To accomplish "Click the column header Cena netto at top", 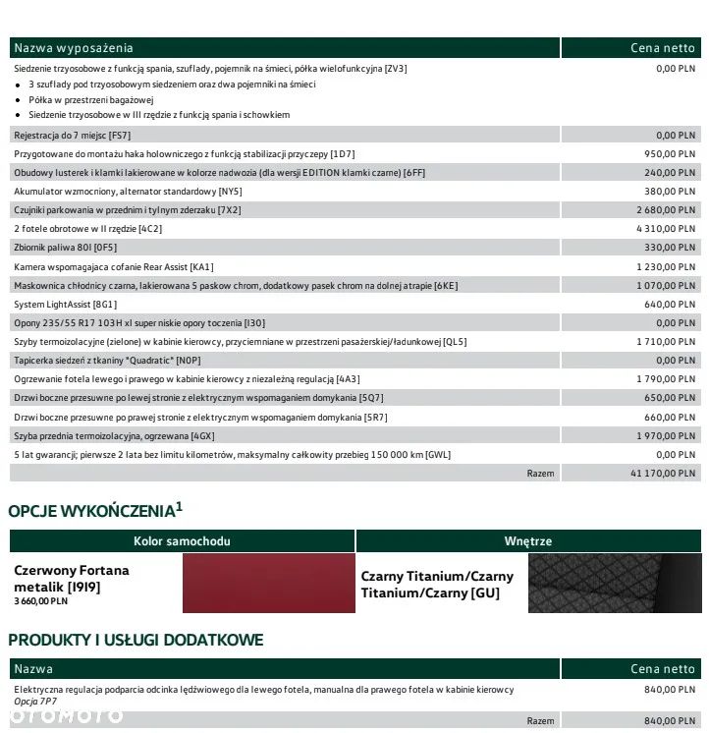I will tap(662, 48).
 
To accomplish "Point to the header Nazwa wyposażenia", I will tap(74, 48).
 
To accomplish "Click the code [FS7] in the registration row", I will tap(120, 135).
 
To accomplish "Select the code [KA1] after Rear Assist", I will tap(201, 266).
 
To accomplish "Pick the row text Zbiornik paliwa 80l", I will tap(54, 248).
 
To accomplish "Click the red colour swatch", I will tap(268, 583).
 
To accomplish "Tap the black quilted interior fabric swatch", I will tap(615, 583).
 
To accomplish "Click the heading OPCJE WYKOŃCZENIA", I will tap(90, 511).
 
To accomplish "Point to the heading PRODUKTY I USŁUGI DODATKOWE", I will tap(136, 640).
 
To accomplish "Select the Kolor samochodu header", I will tap(182, 541).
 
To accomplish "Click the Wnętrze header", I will tap(528, 541).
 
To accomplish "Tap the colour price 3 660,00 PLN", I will tap(41, 600).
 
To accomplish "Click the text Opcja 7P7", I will tap(36, 702).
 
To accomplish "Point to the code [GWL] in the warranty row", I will tap(438, 454).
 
